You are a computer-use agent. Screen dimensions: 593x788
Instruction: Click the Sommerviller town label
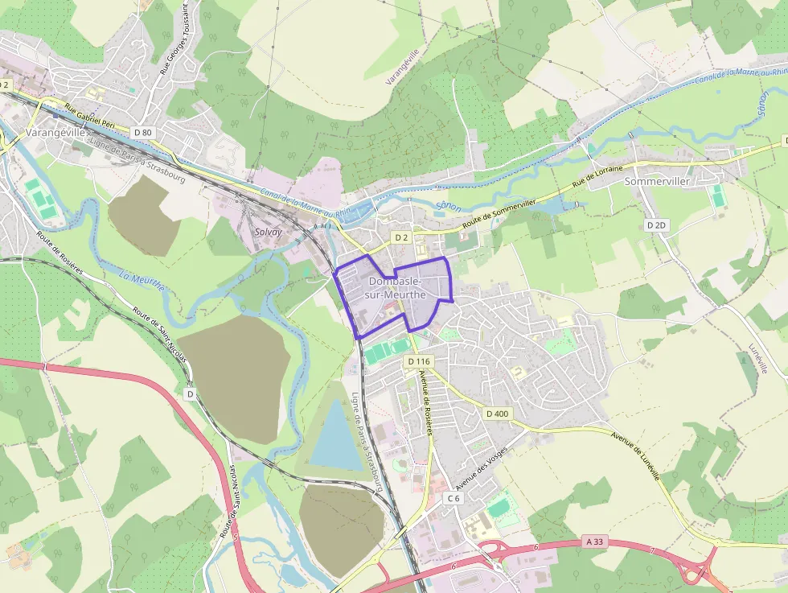(x=657, y=182)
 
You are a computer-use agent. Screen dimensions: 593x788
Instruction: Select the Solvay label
(x=268, y=232)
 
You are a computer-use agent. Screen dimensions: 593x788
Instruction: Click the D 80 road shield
(x=143, y=132)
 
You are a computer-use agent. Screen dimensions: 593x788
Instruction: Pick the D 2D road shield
(x=657, y=226)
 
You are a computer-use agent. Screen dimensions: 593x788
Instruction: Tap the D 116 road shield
(x=419, y=362)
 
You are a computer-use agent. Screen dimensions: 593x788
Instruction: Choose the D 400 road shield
(x=497, y=414)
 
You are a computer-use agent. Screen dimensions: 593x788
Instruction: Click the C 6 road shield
(x=454, y=499)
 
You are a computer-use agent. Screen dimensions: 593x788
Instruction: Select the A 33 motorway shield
(x=594, y=542)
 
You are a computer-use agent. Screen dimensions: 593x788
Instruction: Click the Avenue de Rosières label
(x=426, y=406)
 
